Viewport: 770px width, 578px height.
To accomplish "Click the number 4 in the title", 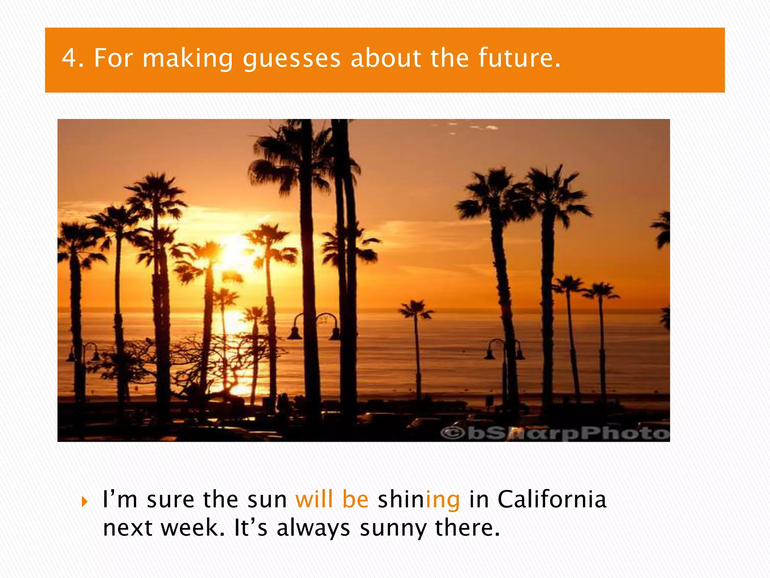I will [x=69, y=58].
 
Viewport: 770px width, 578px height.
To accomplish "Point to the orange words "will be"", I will [x=332, y=499].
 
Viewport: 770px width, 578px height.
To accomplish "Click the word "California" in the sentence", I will [x=552, y=499].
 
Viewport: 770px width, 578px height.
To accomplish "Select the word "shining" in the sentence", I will [x=418, y=500].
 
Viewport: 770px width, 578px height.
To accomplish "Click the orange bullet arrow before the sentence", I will [x=84, y=502].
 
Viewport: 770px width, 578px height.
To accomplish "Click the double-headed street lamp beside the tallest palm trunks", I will [x=314, y=326].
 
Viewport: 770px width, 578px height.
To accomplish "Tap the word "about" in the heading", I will [x=385, y=58].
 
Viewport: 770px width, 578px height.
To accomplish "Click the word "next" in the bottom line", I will [x=127, y=528].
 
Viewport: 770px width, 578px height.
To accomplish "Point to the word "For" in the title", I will [x=113, y=58].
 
